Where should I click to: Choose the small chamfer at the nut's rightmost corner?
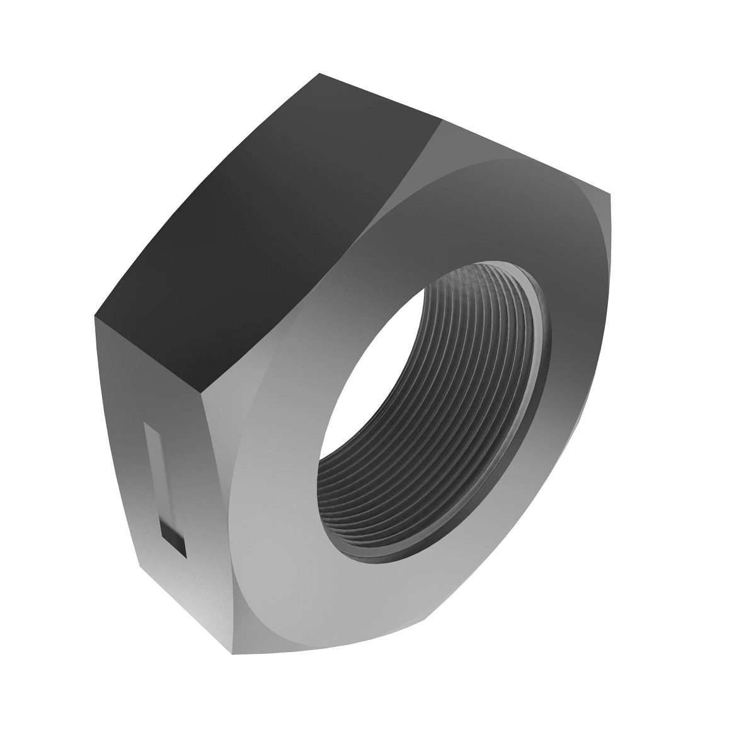click(605, 208)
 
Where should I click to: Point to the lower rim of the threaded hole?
click(391, 554)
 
